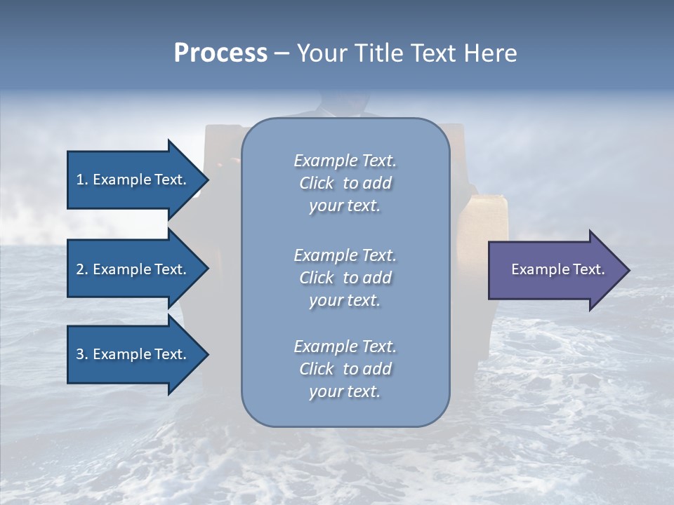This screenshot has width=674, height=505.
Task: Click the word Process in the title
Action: [x=220, y=53]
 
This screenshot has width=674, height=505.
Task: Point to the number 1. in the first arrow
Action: [x=82, y=180]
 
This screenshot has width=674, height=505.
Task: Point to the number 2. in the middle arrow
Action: [x=82, y=269]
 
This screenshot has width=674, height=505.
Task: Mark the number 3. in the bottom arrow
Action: [x=82, y=354]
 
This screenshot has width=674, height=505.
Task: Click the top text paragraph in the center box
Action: [x=345, y=183]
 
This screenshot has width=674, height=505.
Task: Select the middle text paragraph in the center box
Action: [x=345, y=278]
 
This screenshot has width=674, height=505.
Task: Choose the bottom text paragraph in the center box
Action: [x=345, y=369]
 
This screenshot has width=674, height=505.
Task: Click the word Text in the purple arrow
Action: [x=588, y=269]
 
